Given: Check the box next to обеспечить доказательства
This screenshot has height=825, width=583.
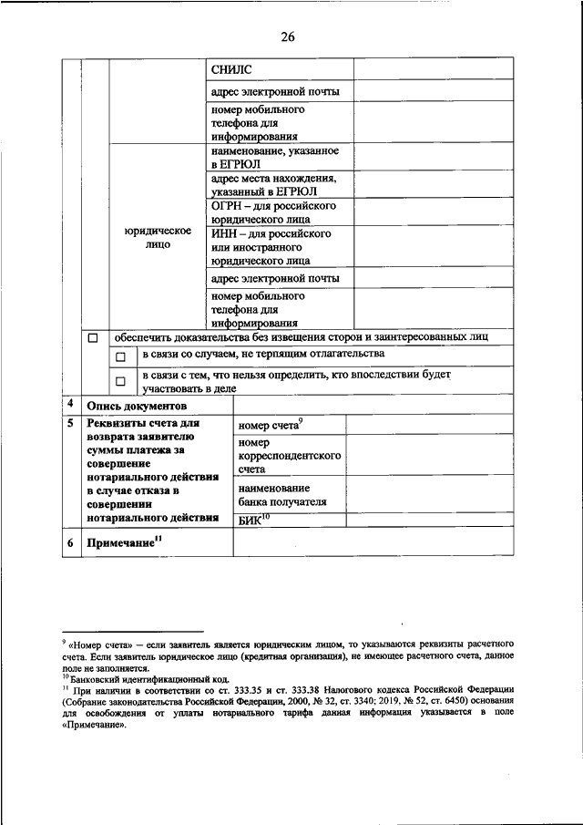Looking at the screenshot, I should [93, 338].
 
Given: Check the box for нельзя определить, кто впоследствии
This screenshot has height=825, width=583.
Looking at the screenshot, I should [119, 381].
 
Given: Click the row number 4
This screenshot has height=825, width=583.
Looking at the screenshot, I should [71, 404].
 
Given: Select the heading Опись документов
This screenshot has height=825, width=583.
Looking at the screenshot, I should [137, 406].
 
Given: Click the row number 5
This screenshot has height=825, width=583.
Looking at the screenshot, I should [71, 423].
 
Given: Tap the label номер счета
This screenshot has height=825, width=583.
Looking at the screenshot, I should [270, 425].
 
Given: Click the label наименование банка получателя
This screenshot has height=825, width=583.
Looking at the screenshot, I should [275, 495].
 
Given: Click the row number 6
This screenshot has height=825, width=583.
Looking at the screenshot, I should [71, 543].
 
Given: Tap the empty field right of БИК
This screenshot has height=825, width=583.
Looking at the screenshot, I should [432, 521].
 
